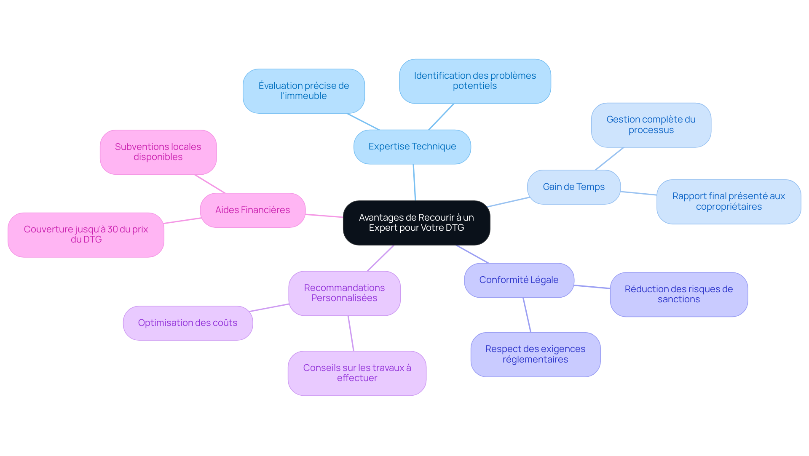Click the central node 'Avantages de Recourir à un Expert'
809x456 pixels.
point(416,223)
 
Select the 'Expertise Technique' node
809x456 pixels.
point(412,147)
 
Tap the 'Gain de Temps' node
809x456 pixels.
point(573,187)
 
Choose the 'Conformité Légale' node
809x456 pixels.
point(519,280)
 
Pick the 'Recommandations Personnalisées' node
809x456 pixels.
point(344,293)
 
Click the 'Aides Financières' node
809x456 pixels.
point(252,210)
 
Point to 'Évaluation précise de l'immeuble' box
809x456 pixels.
point(303,91)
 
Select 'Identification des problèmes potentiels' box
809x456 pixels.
point(475,81)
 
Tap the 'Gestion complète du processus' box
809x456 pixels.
point(651,125)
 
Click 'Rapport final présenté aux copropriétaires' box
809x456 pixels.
point(729,202)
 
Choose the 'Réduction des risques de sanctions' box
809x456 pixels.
point(678,294)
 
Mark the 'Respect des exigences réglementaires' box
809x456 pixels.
point(535,355)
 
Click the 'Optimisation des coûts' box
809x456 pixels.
point(188,323)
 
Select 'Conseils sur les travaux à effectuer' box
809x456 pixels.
point(357,373)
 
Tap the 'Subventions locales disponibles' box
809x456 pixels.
point(158,152)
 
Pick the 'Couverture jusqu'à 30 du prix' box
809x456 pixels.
point(86,235)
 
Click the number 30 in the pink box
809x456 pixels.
point(113,229)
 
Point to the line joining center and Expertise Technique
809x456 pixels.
point(414,182)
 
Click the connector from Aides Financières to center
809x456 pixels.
point(324,216)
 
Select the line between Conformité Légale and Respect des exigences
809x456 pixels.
point(527,315)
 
